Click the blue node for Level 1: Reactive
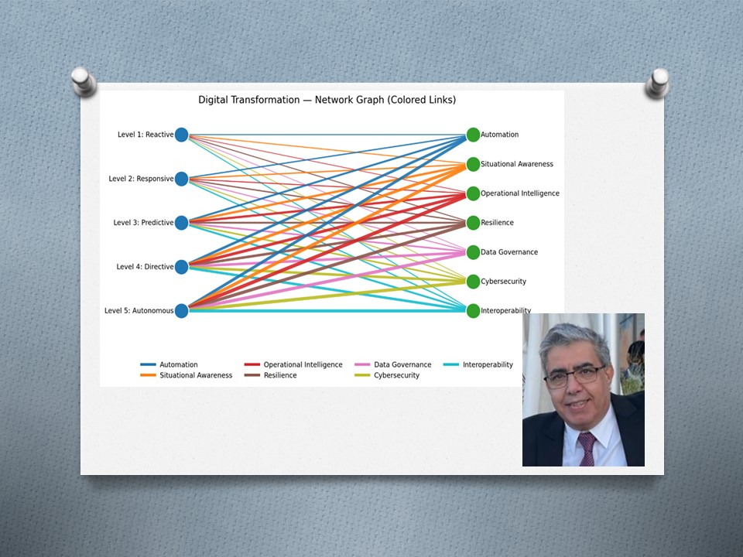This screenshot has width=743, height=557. tap(181, 135)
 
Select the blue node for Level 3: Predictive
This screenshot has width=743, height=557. tap(181, 223)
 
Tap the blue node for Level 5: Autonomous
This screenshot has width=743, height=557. tap(181, 311)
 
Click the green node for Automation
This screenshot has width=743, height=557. tap(473, 135)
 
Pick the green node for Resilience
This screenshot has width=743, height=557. tap(473, 223)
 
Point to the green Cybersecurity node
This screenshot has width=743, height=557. tap(473, 282)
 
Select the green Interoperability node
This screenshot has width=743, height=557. tap(473, 311)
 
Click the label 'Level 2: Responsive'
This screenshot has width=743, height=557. tap(141, 179)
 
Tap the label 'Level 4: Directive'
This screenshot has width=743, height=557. tap(145, 267)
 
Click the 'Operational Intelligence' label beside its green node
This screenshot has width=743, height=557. tap(520, 193)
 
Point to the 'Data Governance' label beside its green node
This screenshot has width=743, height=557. tap(509, 252)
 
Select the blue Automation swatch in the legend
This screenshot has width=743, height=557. tap(149, 364)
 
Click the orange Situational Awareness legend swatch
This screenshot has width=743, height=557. tap(149, 375)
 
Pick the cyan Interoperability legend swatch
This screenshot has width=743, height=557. tap(451, 364)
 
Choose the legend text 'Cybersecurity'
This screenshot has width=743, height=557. tap(396, 375)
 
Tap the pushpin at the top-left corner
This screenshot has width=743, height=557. tap(84, 81)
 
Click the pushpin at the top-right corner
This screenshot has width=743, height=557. tap(658, 84)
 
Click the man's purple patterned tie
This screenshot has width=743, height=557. tap(587, 449)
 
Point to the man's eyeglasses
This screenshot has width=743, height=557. tap(575, 376)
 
